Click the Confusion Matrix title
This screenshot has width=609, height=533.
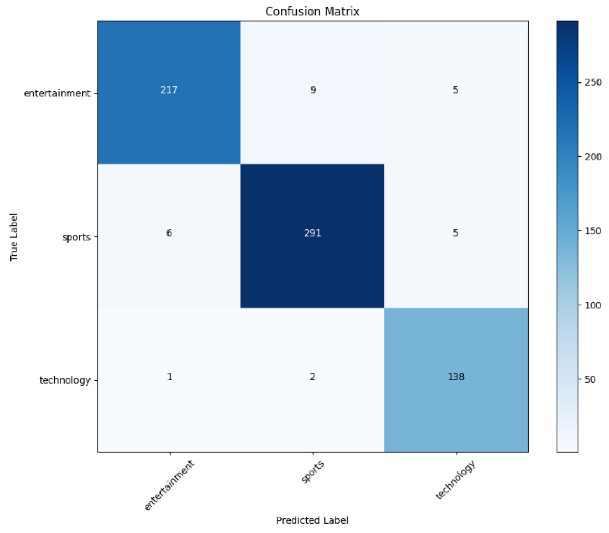312,12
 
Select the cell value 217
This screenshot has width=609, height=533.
169,90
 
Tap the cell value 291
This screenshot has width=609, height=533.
313,233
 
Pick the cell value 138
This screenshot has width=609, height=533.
456,377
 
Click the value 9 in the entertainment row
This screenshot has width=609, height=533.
314,90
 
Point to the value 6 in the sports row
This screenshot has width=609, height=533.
169,233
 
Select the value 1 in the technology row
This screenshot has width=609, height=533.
170,377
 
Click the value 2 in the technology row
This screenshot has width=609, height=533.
313,377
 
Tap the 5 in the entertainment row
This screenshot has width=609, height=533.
456,90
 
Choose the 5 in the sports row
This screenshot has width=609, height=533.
456,233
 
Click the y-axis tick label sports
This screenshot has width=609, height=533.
76,237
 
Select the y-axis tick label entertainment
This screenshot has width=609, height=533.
57,93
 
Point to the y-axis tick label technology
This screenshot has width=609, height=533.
65,380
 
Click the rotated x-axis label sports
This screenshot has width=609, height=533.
313,472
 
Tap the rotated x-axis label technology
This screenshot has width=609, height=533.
456,480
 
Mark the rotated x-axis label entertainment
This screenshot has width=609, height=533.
169,485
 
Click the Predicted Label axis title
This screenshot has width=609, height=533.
312,521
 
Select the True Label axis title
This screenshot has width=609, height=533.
14,237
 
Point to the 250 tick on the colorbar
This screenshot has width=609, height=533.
593,83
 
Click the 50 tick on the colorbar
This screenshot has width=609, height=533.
590,380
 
